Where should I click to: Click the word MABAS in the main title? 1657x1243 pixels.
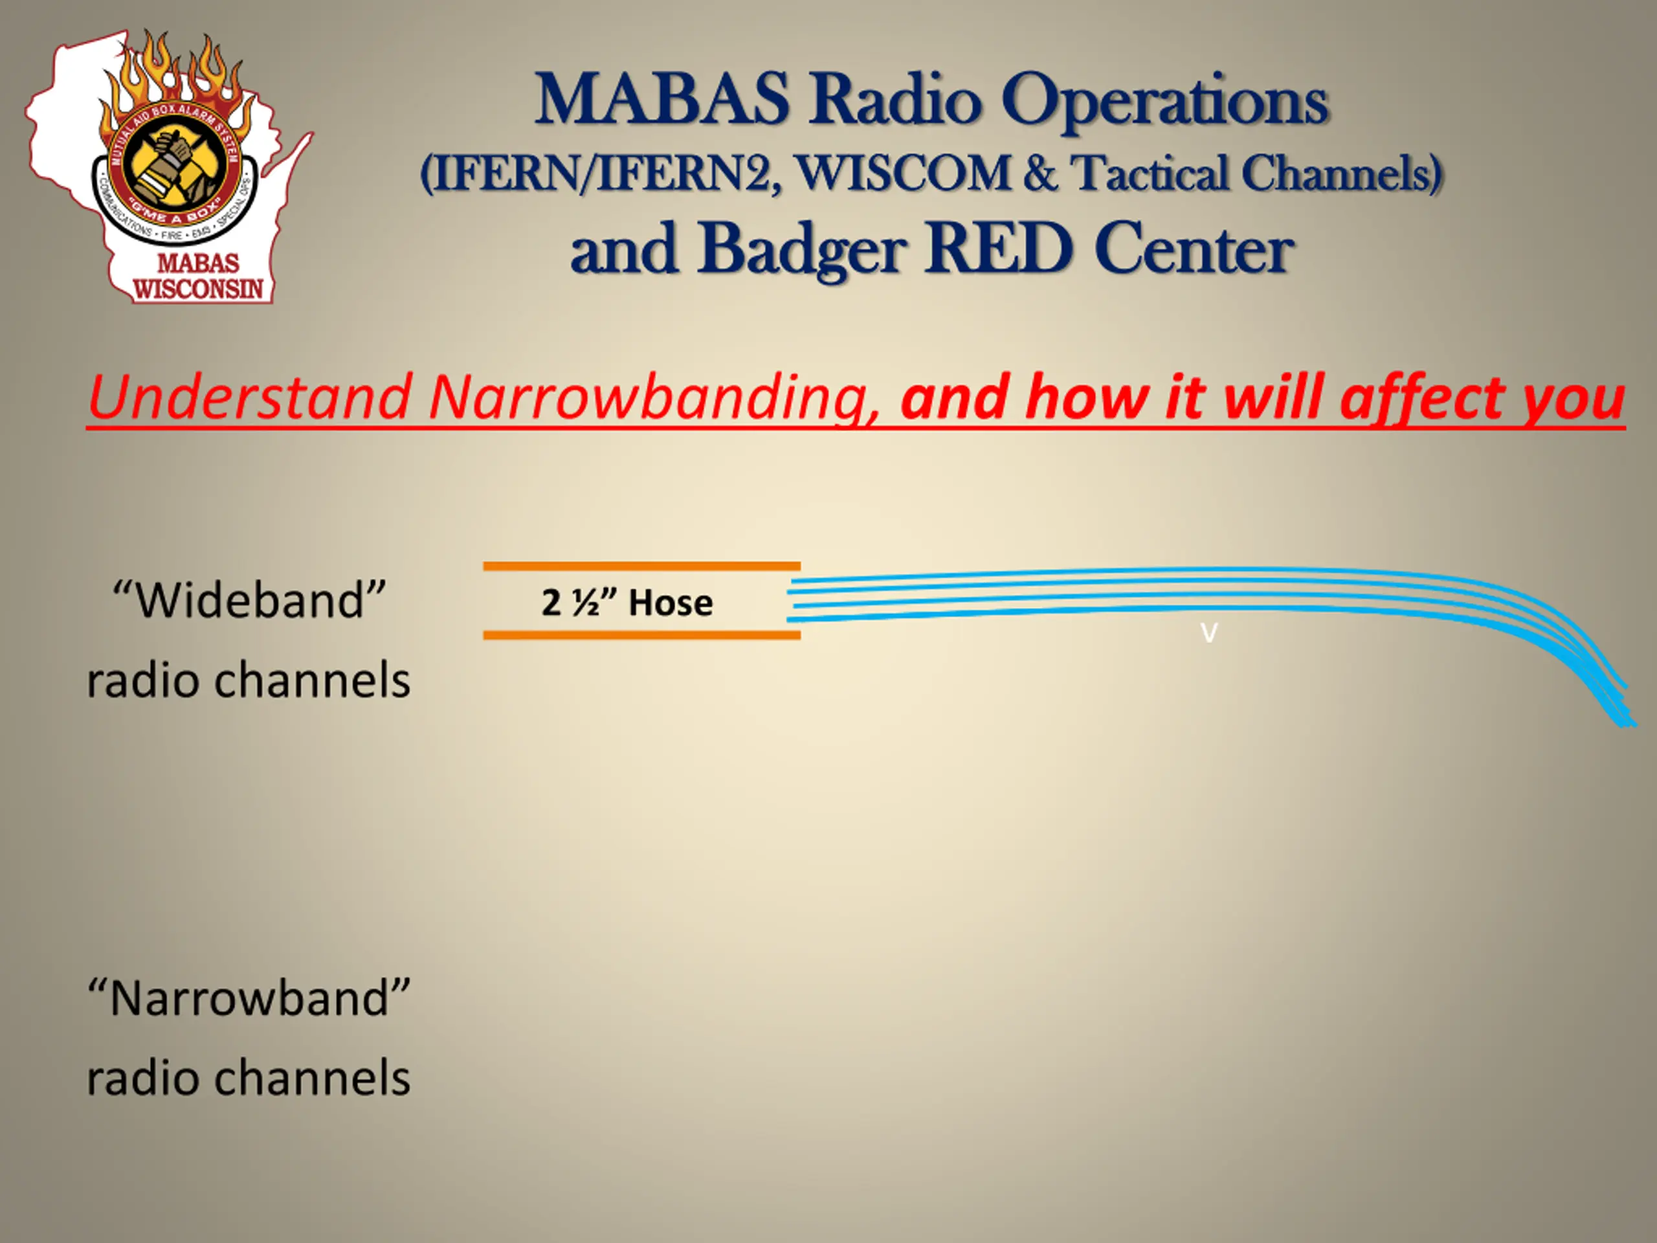[662, 99]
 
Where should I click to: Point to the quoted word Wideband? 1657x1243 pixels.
[249, 600]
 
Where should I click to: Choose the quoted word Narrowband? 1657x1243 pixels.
[249, 998]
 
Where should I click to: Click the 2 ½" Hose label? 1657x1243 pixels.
[627, 602]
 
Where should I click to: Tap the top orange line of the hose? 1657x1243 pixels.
[642, 566]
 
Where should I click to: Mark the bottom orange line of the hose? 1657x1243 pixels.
[642, 635]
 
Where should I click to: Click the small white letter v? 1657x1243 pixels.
[1209, 633]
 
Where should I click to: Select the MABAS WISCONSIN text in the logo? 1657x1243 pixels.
[199, 276]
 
